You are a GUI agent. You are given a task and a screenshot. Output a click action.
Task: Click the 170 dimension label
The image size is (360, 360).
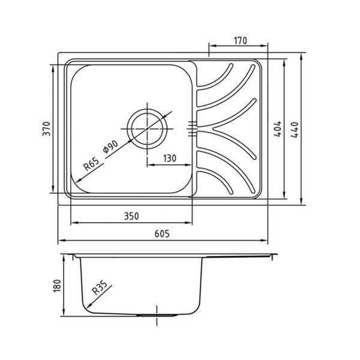(241, 41)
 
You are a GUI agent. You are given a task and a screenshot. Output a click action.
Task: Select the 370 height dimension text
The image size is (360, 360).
(46, 129)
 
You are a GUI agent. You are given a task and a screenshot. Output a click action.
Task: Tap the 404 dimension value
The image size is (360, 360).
(278, 129)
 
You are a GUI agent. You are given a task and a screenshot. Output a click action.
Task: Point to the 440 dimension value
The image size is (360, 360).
(295, 130)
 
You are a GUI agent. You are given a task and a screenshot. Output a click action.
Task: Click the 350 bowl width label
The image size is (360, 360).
(131, 216)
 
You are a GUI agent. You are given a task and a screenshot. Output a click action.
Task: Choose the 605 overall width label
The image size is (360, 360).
(162, 234)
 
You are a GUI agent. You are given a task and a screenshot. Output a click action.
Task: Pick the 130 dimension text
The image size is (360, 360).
(169, 158)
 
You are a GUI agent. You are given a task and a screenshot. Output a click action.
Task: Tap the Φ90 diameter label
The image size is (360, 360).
(110, 146)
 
